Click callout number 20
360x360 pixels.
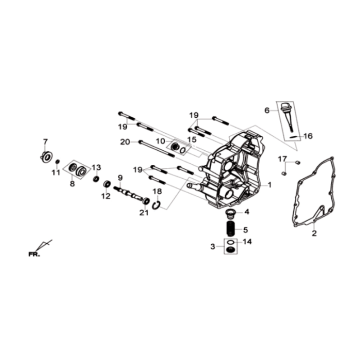124,142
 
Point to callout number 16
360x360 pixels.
280,134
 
